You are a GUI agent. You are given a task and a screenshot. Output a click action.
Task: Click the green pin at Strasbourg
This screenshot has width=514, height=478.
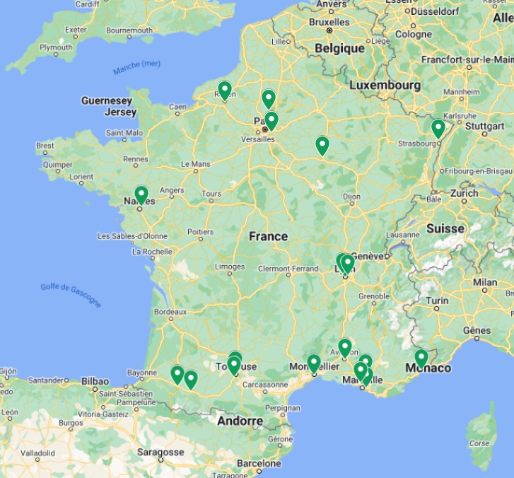click(438, 129)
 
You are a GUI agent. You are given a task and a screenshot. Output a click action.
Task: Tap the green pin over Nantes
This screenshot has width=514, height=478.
click(141, 194)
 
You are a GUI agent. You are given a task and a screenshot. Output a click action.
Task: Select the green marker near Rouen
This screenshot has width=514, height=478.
click(225, 90)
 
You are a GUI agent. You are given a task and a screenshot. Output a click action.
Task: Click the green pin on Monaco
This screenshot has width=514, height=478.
click(421, 358)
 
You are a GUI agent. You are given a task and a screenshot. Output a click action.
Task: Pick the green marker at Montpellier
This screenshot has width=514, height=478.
click(314, 363)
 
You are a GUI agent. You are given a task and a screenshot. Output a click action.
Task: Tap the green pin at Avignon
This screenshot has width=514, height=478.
click(345, 347)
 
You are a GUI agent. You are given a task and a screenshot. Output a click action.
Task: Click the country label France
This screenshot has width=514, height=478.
click(268, 236)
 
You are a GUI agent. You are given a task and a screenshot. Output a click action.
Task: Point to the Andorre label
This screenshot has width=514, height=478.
click(240, 421)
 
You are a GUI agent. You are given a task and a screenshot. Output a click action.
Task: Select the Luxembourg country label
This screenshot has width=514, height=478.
click(385, 86)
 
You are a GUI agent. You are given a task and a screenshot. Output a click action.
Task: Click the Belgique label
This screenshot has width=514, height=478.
click(339, 48)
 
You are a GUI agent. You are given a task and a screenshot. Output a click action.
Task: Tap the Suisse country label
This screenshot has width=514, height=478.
click(445, 228)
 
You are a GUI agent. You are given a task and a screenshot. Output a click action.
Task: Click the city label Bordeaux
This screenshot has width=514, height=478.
click(170, 311)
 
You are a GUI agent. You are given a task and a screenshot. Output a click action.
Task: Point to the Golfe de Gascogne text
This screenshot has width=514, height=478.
click(71, 294)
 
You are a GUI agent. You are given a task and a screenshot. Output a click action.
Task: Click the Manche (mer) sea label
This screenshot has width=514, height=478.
click(136, 67)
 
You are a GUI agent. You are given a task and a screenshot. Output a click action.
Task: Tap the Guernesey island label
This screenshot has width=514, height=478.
click(106, 101)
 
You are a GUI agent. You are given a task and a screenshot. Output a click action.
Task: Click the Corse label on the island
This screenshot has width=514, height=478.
click(479, 443)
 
